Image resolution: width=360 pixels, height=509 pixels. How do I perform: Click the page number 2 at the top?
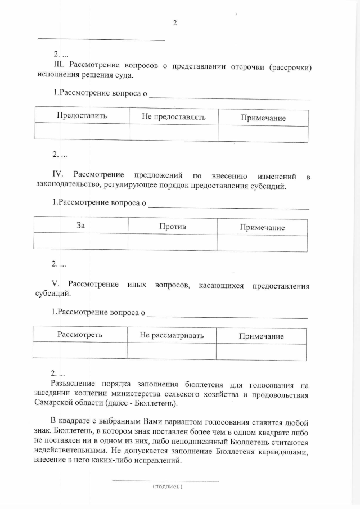coord(175,23)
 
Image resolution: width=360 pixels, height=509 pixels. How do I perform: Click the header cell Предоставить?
coord(82,116)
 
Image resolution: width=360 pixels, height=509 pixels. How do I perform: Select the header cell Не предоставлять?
coord(173,116)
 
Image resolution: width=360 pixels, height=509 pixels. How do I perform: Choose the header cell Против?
coord(172,226)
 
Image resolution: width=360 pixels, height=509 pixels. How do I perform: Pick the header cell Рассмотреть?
coord(80,335)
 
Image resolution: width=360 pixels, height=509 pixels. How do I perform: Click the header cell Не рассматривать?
coord(172,335)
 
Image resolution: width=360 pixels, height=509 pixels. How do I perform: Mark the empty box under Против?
coord(172,242)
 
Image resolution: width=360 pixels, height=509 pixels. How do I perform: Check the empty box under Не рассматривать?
coord(172,351)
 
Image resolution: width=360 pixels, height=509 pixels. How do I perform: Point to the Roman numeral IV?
coord(60,176)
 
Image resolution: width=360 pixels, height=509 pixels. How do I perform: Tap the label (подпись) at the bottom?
coord(167,487)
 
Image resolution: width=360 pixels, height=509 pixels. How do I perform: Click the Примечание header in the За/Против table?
coord(262,227)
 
